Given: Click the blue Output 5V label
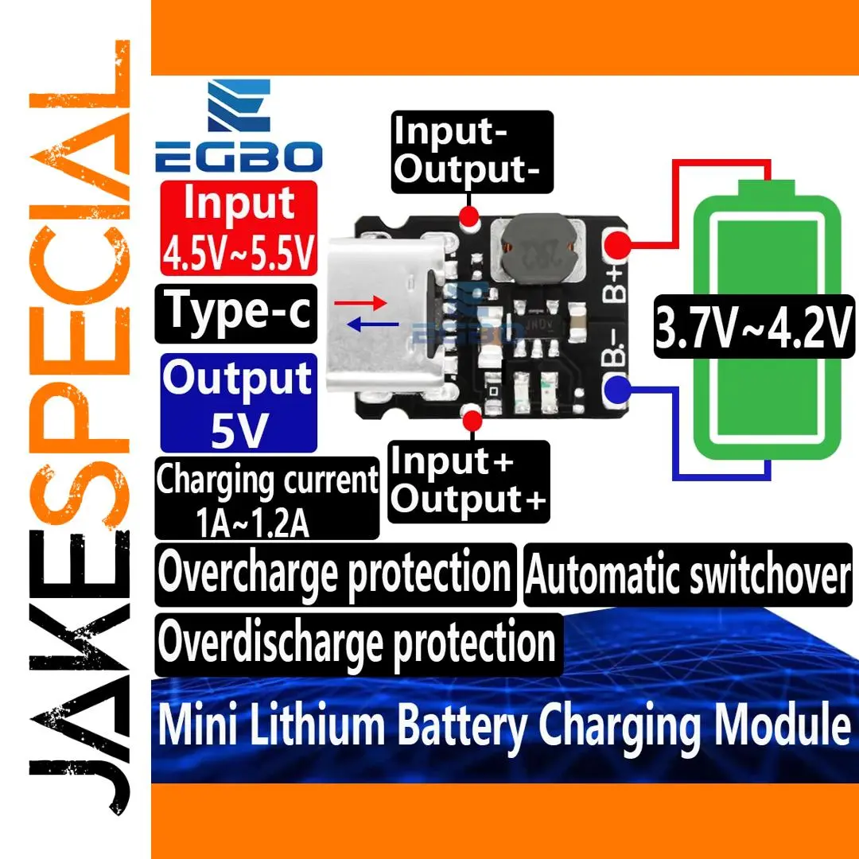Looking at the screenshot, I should point(239,402).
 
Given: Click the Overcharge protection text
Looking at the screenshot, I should point(335,573).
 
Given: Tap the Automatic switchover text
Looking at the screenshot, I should point(688,575).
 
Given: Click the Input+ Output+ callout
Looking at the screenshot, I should point(469,481).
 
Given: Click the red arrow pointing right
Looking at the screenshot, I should point(360,303).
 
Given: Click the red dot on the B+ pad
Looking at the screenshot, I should point(618,243).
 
